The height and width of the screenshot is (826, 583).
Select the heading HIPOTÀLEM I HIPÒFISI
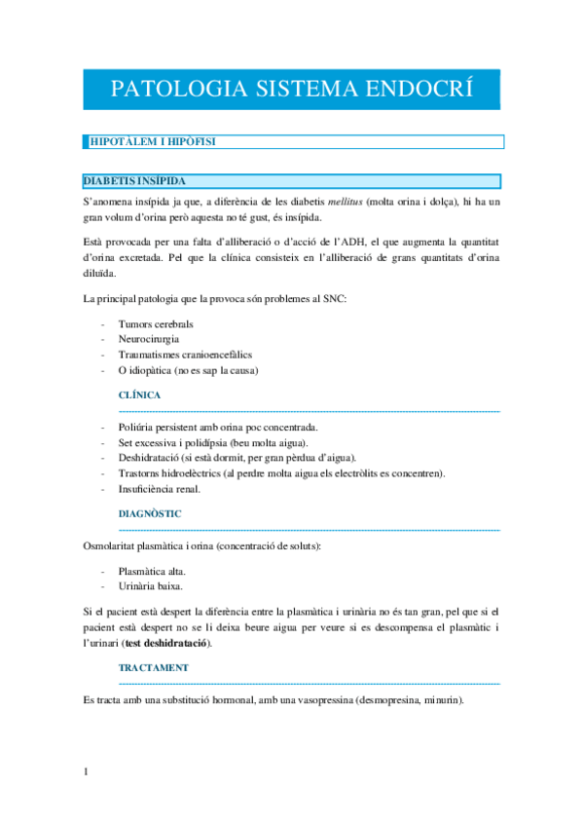[151, 142]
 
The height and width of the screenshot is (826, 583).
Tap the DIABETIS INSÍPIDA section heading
[134, 181]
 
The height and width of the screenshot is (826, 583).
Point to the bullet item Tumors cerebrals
[156, 323]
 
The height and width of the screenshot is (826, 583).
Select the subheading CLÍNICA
[139, 395]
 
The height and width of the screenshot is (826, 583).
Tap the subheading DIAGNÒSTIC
[150, 512]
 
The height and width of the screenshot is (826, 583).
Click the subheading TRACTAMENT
[154, 668]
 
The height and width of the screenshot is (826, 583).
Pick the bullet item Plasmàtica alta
[152, 571]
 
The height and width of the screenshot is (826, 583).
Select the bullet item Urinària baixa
[150, 586]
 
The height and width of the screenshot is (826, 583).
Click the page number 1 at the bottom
[87, 772]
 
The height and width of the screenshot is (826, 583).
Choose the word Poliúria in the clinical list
[138, 427]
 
